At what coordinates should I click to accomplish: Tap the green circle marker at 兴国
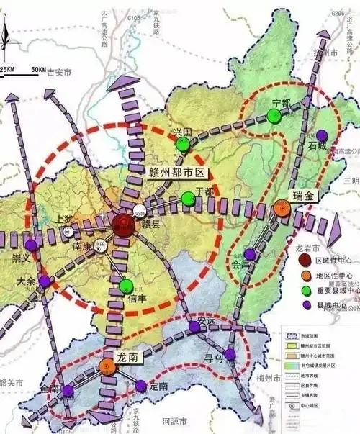click(184, 143)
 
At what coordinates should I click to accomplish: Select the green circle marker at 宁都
click(273, 116)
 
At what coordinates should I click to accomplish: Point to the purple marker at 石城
click(322, 135)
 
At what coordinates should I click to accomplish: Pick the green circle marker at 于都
click(188, 198)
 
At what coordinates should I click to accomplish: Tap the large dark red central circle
click(123, 225)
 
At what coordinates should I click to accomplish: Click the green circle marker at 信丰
click(126, 285)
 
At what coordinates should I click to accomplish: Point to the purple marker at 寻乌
click(230, 353)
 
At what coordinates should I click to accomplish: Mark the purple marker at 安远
click(194, 328)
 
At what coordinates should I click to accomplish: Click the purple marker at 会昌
click(249, 254)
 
